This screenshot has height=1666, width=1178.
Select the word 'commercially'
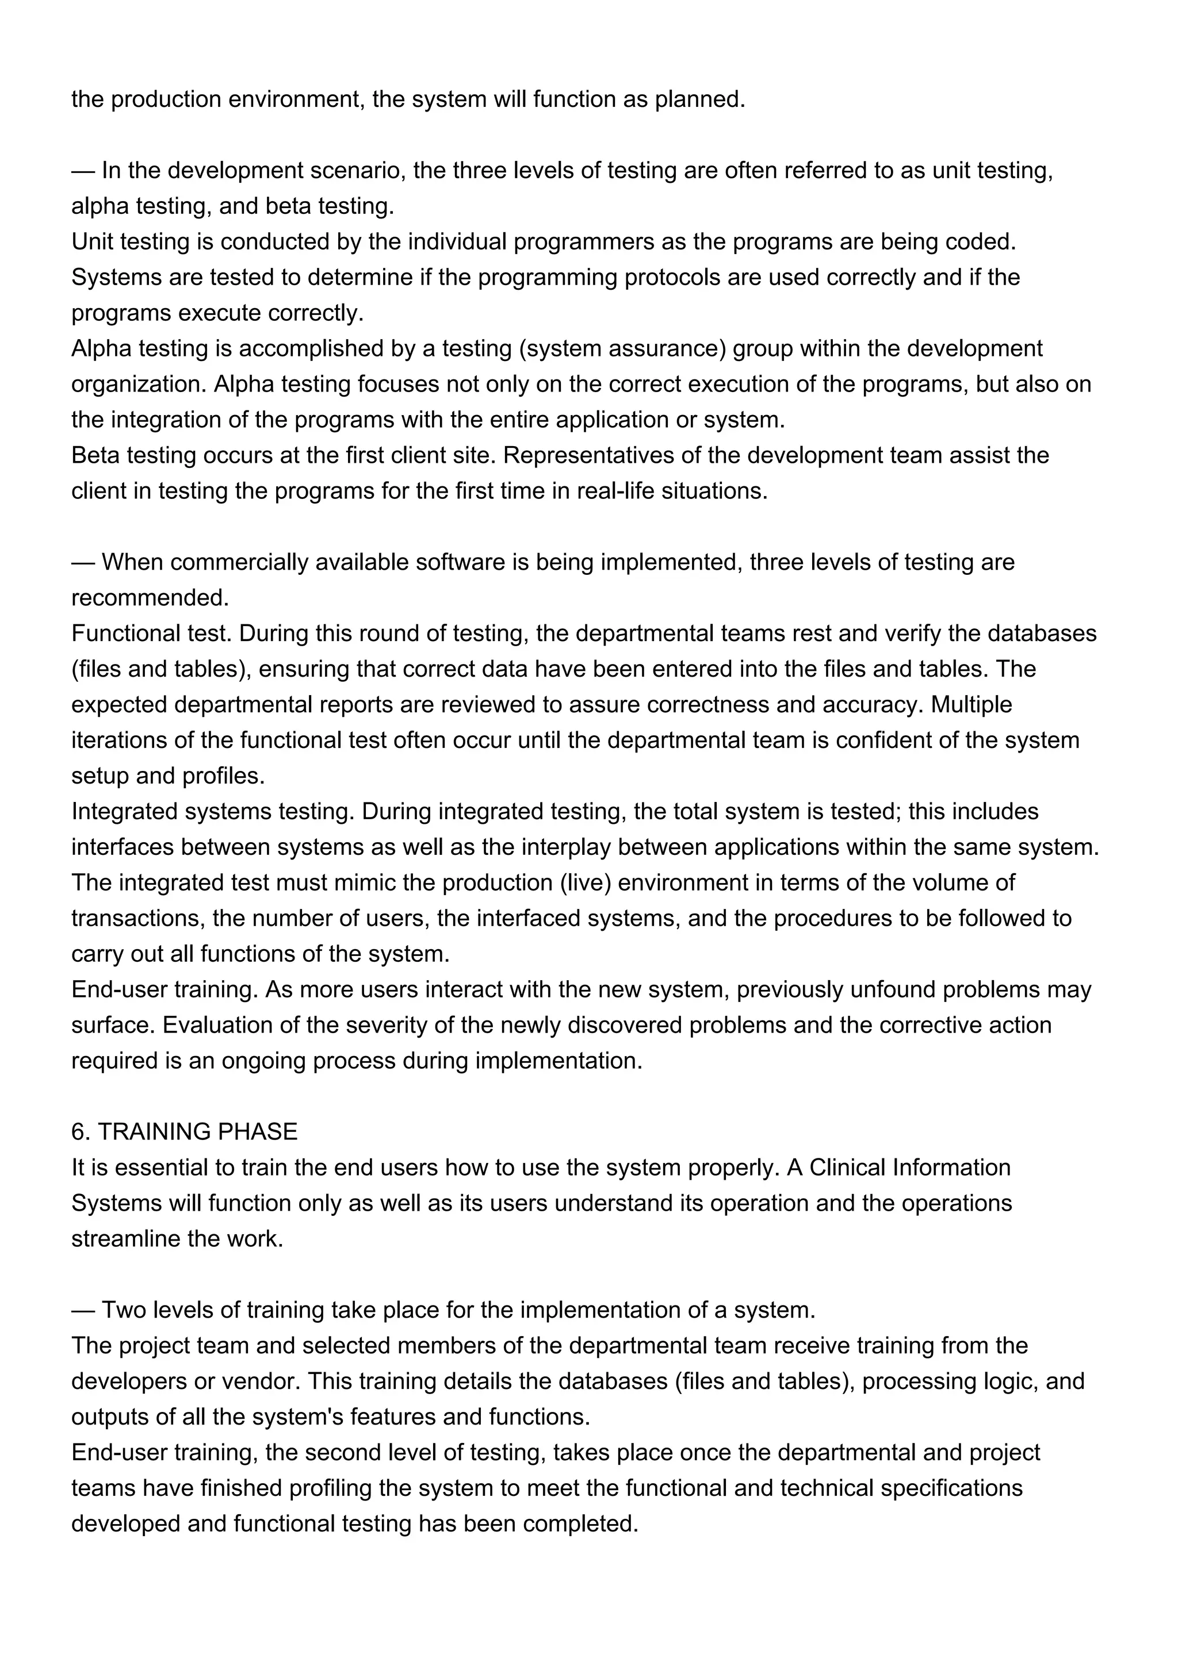point(239,562)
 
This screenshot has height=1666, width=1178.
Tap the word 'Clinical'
point(847,1168)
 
